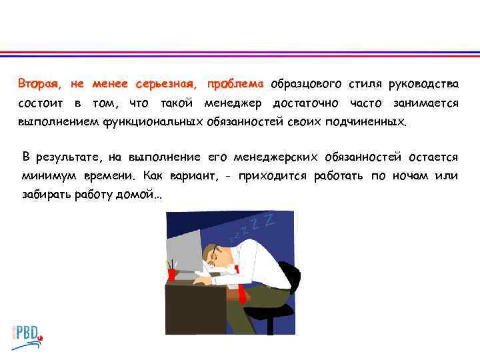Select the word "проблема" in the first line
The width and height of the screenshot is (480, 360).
(235, 85)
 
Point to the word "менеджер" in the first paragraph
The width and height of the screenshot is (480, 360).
(235, 103)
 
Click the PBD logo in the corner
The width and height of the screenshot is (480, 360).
(27, 334)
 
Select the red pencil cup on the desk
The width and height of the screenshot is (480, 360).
(173, 274)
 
